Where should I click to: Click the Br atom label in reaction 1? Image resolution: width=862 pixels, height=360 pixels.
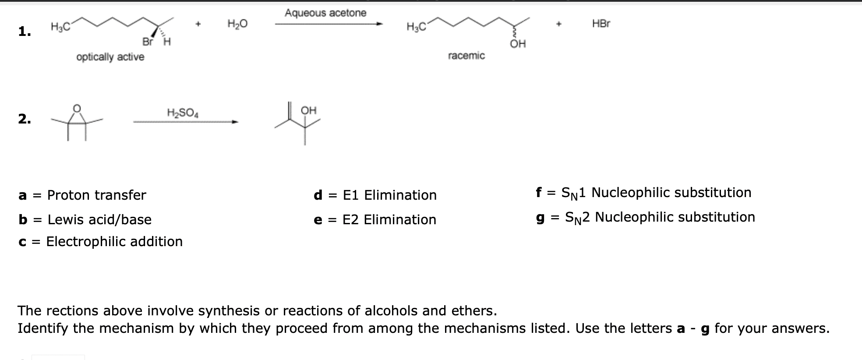coord(148,42)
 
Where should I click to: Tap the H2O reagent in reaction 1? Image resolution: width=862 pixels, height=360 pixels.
coord(237,24)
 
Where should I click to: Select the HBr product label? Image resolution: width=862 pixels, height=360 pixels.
coord(601,24)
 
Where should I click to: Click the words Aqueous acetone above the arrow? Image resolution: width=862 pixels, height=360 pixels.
coord(325,13)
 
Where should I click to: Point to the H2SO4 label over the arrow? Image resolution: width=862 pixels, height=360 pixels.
coord(183,113)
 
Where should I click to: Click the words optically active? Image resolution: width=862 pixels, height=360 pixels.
coord(110,57)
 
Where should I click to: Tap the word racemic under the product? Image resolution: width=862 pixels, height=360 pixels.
coord(466,56)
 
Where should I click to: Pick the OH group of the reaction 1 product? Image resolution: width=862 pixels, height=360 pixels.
coord(518,44)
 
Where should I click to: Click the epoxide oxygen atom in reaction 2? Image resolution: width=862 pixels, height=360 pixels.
coord(77,108)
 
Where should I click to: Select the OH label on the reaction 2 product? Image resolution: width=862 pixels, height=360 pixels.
coord(309,110)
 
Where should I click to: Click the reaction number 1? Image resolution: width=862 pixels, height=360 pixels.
coord(25,32)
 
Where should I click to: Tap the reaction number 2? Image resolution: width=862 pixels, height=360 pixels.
coord(25,119)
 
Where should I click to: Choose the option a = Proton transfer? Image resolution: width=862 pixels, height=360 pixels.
coord(82,195)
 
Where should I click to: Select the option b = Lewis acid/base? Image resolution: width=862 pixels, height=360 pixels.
coord(85,219)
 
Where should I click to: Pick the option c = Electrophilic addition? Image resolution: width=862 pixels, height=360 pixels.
coord(101,241)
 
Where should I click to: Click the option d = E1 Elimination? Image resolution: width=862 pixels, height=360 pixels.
coord(375,195)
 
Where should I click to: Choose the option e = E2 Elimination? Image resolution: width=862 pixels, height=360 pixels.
coord(375,219)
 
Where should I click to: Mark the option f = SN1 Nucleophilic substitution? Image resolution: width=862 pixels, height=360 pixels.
coord(643,193)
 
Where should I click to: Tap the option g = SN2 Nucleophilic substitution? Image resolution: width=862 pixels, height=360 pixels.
coord(646,217)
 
